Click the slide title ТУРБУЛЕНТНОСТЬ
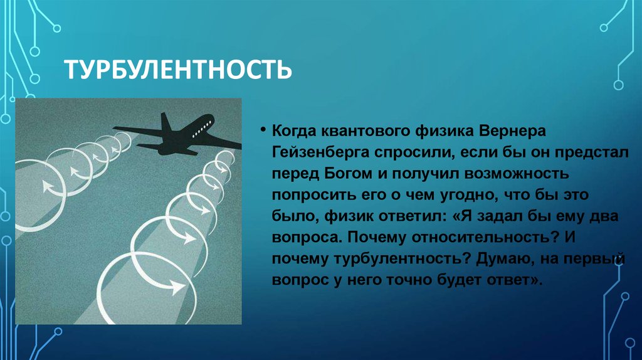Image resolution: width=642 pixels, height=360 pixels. click(x=178, y=70)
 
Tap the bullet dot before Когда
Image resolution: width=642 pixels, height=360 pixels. click(x=263, y=130)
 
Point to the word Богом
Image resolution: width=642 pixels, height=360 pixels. click(x=349, y=173)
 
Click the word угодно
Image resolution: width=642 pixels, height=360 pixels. click(x=468, y=195)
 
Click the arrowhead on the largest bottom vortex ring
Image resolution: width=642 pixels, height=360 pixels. click(x=177, y=285)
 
